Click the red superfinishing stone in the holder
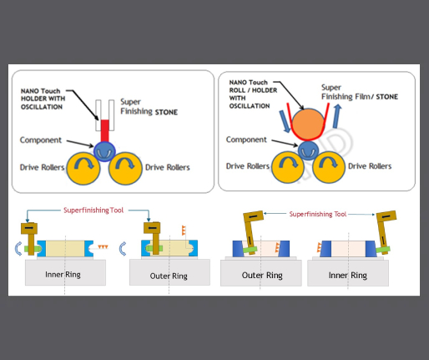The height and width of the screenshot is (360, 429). [x=104, y=131]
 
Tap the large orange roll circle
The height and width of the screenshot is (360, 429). [x=308, y=124]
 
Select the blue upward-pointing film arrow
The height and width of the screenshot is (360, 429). [x=337, y=116]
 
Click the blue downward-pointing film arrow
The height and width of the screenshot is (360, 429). [x=285, y=121]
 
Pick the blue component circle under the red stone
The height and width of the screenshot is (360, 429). [x=104, y=152]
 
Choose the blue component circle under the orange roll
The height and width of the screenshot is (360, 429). [x=308, y=150]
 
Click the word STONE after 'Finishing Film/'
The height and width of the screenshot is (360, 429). [x=387, y=97]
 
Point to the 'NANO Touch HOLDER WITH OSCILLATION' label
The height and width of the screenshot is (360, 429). [x=43, y=99]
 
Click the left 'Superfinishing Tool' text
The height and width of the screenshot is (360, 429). [x=93, y=210]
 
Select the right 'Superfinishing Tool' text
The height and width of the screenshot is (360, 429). [x=318, y=214]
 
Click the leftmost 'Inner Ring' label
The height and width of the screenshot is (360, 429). [x=63, y=275]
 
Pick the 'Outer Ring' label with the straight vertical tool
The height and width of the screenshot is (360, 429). [x=169, y=276]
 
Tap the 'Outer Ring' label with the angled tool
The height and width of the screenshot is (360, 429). [x=262, y=276]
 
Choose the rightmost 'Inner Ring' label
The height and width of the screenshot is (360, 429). [x=348, y=276]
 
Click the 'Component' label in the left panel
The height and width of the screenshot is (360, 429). [x=41, y=140]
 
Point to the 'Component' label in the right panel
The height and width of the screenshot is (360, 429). [x=246, y=139]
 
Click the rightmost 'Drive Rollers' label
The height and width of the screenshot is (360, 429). [x=370, y=166]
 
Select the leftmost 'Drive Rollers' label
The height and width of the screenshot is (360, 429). [x=42, y=167]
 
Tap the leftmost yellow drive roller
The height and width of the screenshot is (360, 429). [x=83, y=169]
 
